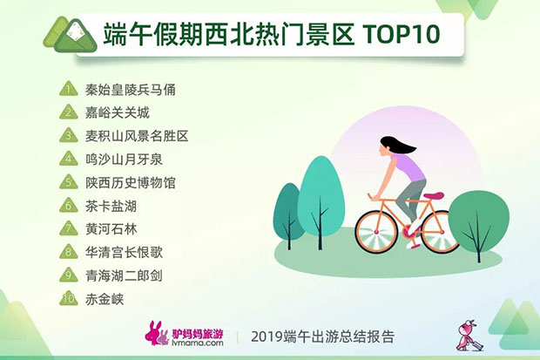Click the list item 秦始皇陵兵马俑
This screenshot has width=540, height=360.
(131, 90)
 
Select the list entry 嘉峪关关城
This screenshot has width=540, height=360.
(118, 112)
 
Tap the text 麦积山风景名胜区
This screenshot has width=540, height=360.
(137, 136)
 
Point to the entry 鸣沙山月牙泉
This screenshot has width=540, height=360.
(124, 160)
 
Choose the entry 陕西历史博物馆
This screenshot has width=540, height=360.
(131, 183)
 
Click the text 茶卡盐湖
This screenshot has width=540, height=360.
(111, 207)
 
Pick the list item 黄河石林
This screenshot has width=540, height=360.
(111, 229)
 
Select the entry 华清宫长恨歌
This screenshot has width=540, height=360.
(124, 253)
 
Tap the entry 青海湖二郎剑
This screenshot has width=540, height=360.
(124, 275)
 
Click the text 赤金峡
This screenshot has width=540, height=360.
(105, 299)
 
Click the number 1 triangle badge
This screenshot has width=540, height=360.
(69, 89)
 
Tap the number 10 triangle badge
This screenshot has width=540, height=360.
(69, 298)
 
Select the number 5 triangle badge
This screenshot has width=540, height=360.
(69, 181)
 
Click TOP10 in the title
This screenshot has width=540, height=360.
(402, 34)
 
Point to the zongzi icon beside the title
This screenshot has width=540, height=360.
(71, 35)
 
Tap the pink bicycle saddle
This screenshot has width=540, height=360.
(434, 195)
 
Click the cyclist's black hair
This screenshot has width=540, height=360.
(397, 145)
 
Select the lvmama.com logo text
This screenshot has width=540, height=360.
(198, 343)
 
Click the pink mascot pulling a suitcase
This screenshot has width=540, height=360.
(469, 336)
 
